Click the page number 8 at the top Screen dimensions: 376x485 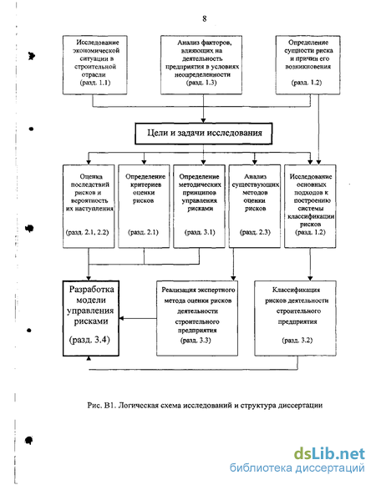click(x=205, y=18)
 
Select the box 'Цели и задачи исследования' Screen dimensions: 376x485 click(x=204, y=134)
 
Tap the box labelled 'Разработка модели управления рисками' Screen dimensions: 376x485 click(x=91, y=318)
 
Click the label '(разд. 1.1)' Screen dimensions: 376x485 click(x=95, y=83)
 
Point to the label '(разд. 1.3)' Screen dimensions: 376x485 click(x=201, y=83)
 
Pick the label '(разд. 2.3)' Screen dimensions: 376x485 click(x=255, y=232)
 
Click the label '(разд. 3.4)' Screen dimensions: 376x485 click(x=89, y=340)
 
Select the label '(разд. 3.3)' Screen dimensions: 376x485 click(x=196, y=341)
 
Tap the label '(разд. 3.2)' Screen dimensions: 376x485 click(x=297, y=341)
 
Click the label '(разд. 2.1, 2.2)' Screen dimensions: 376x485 click(x=88, y=232)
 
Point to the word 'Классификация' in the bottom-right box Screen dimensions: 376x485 click(x=296, y=290)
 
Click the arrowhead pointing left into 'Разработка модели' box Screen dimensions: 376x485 click(x=122, y=318)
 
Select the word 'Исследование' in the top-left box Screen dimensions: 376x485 click(x=98, y=43)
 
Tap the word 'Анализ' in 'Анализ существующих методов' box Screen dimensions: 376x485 click(x=255, y=177)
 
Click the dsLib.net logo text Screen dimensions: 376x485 click(x=329, y=454)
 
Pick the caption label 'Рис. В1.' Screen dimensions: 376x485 click(x=102, y=405)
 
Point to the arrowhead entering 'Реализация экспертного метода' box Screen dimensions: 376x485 click(x=233, y=278)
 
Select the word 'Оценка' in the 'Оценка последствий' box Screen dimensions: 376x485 click(x=91, y=177)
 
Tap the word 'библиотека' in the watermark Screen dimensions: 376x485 click(x=261, y=467)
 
